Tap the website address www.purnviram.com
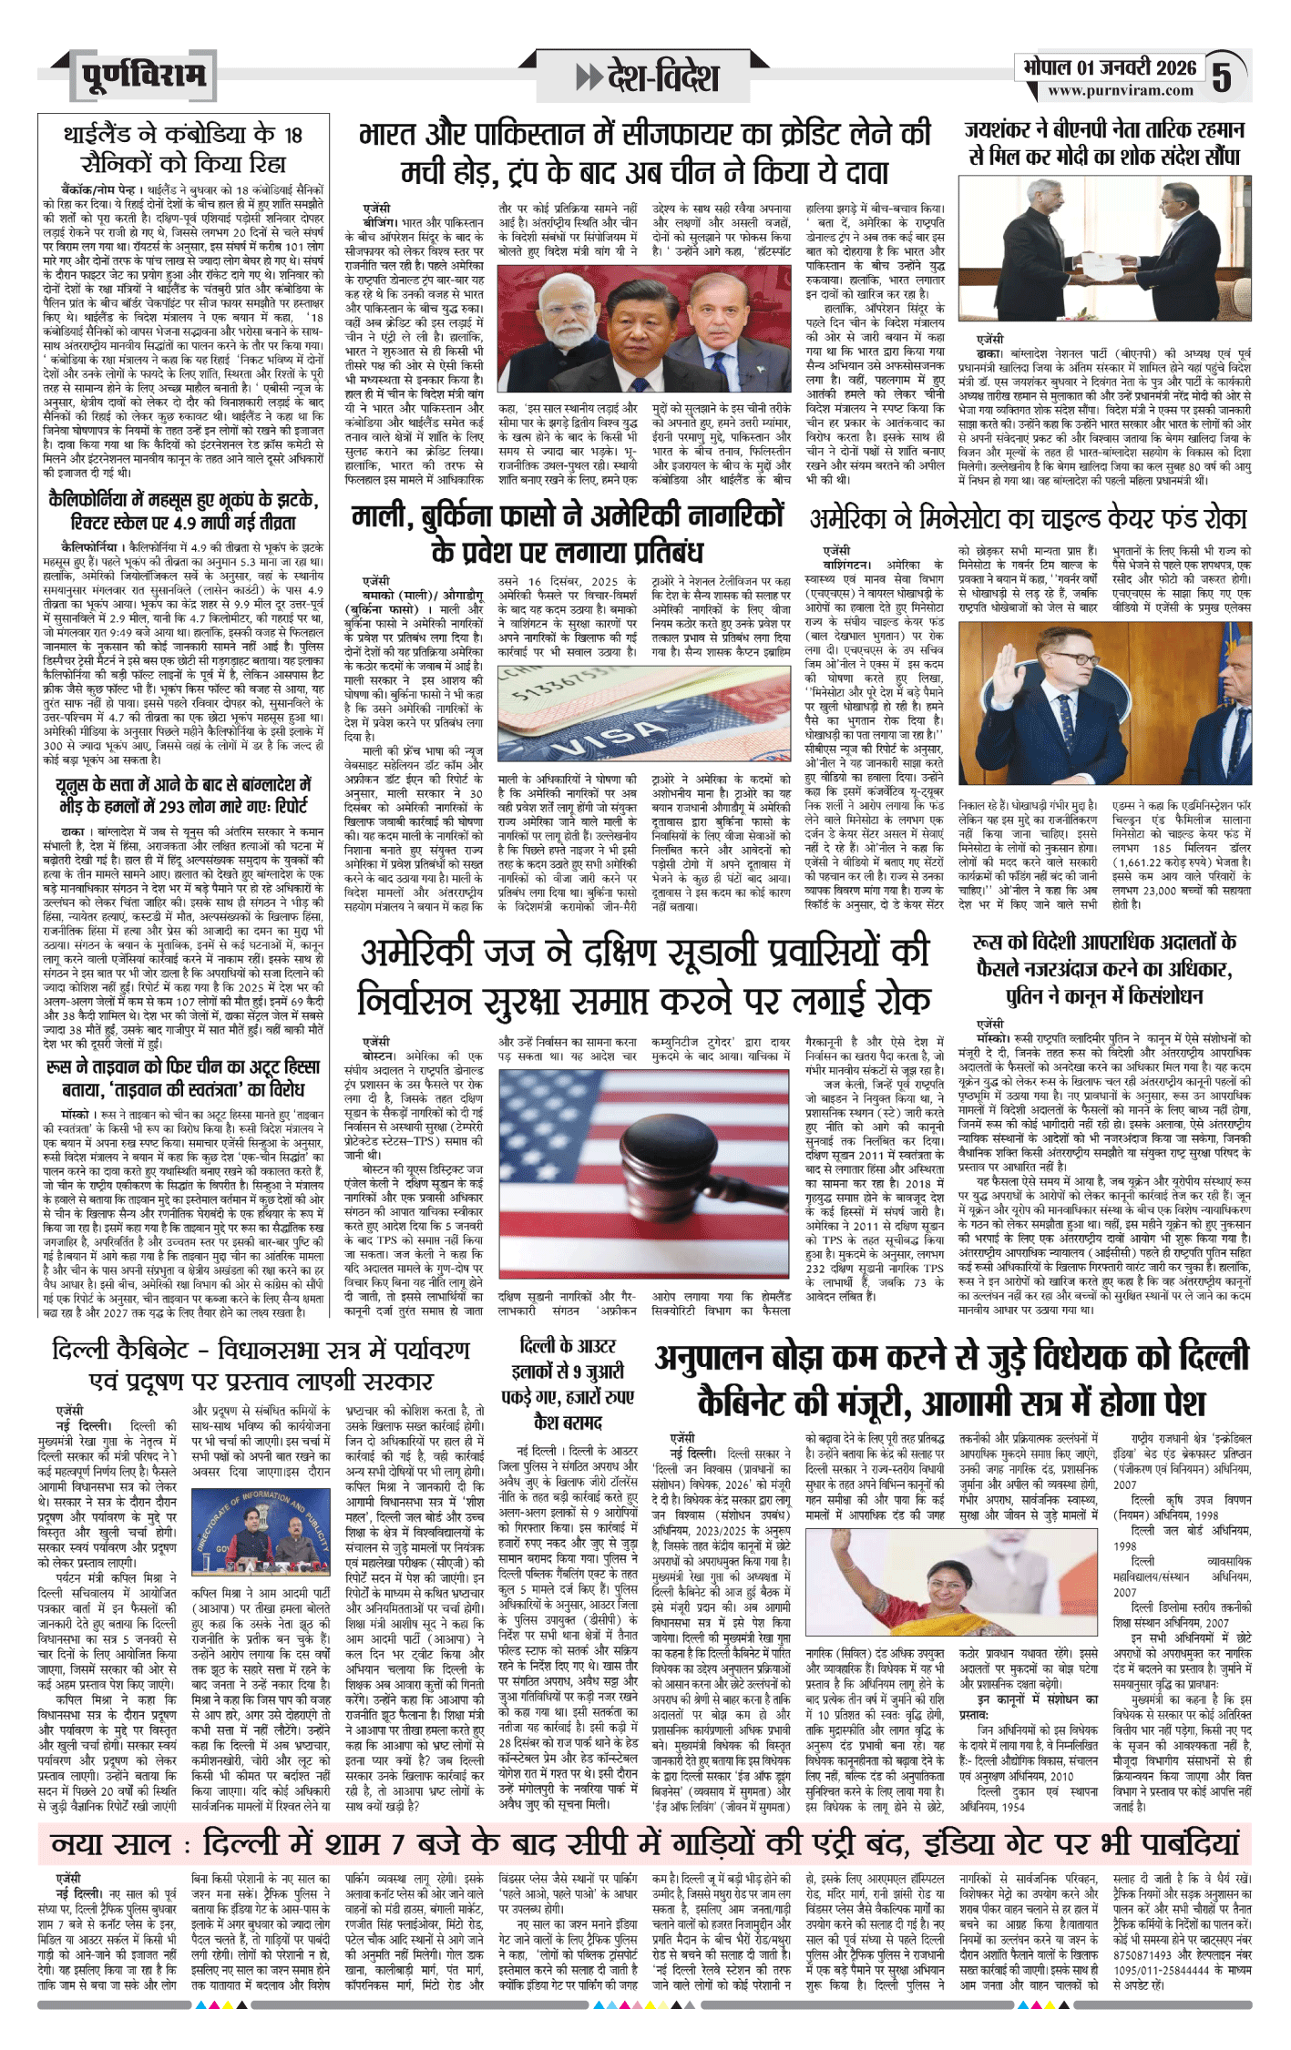1120,91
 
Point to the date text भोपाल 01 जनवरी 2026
1109,67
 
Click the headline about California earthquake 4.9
183,511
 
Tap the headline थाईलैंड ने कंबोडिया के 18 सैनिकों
182,148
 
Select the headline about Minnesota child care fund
1028,518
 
